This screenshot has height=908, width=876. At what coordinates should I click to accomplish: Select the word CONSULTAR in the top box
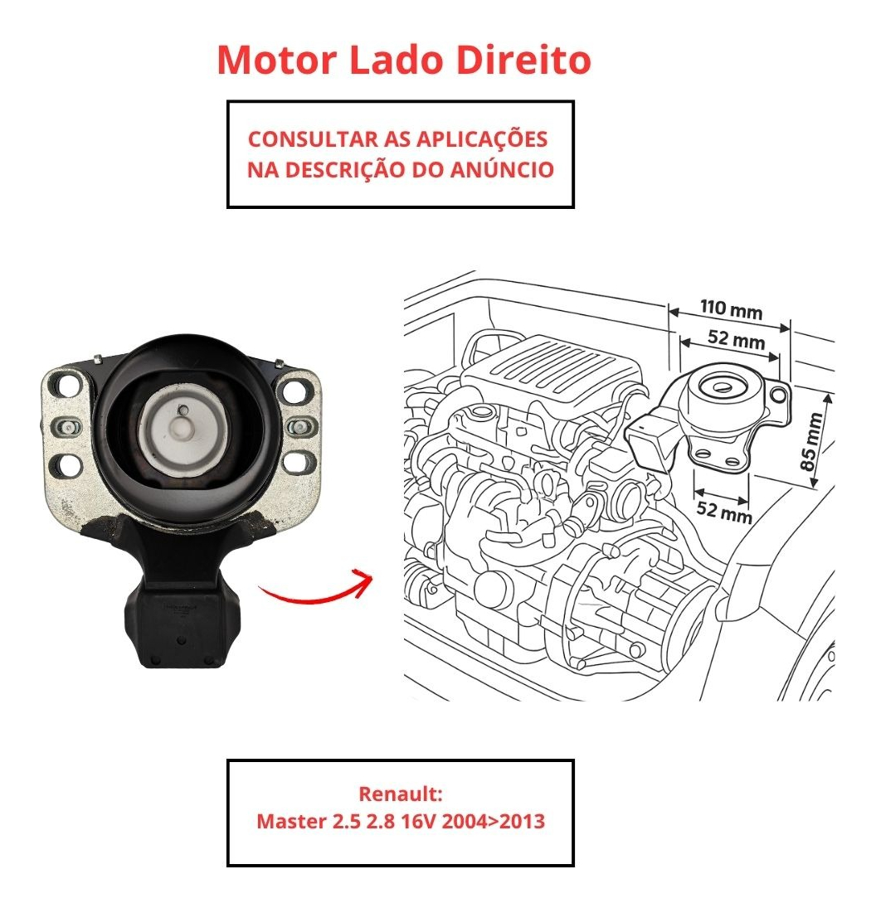pyautogui.click(x=313, y=139)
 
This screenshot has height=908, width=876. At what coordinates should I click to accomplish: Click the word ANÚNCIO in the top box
pyautogui.click(x=503, y=170)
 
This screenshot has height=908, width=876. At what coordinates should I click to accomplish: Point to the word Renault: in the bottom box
pyautogui.click(x=401, y=794)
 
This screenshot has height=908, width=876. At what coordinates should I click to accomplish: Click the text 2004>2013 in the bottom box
pyautogui.click(x=493, y=821)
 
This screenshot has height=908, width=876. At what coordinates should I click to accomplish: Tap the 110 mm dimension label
pyautogui.click(x=731, y=309)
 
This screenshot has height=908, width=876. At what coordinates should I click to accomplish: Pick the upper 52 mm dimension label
pyautogui.click(x=736, y=339)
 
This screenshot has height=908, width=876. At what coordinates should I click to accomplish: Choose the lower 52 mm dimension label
pyautogui.click(x=723, y=512)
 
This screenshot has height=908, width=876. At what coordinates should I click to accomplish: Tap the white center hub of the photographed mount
pyautogui.click(x=182, y=428)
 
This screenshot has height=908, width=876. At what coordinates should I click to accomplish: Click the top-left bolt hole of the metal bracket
pyautogui.click(x=68, y=386)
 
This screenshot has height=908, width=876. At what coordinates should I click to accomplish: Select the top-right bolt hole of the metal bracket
pyautogui.click(x=294, y=391)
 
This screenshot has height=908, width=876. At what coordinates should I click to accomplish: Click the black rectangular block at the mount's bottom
pyautogui.click(x=181, y=625)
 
